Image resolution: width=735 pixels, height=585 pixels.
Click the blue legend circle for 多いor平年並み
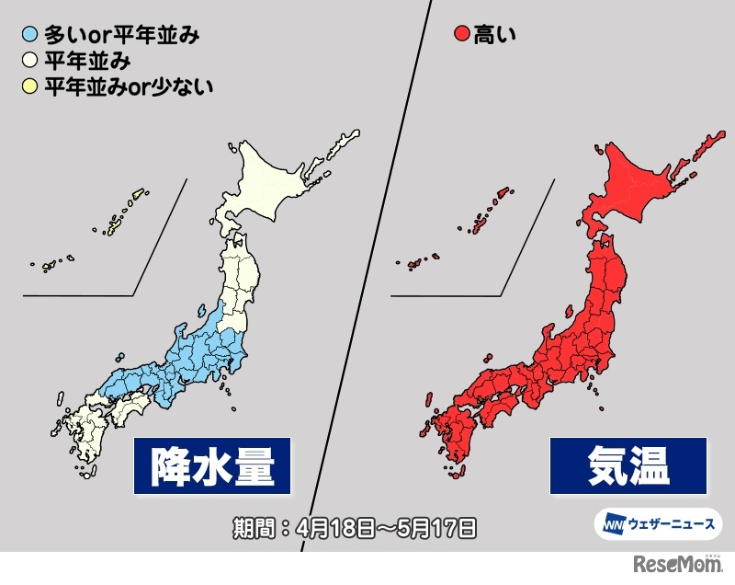coord(30,37)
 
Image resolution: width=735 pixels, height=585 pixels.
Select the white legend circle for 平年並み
coord(30,63)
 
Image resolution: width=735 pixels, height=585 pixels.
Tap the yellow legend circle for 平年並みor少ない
coord(30,88)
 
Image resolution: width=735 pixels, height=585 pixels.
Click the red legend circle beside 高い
coord(461,37)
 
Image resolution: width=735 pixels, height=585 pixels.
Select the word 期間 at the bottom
coord(254,528)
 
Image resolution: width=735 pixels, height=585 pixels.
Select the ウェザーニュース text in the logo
coord(671,524)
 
